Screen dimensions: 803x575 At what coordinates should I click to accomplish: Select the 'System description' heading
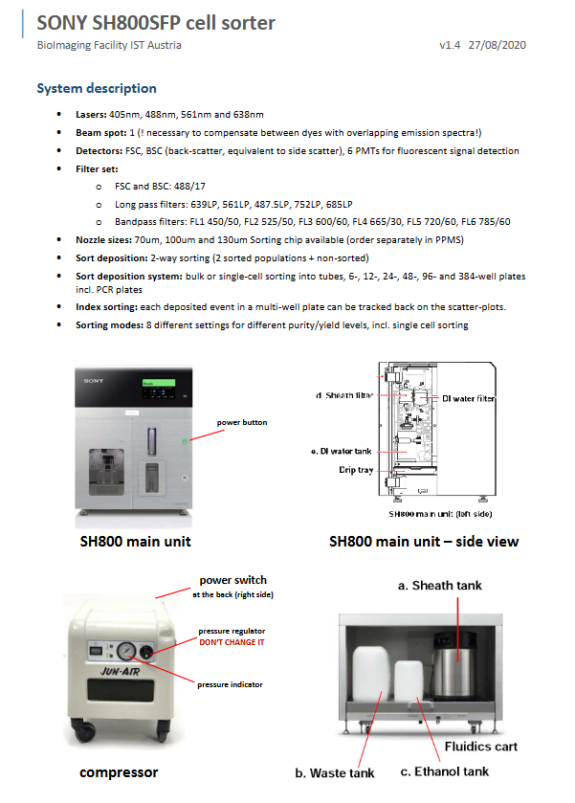pyautogui.click(x=97, y=88)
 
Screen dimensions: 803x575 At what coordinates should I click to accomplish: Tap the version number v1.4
pyautogui.click(x=450, y=45)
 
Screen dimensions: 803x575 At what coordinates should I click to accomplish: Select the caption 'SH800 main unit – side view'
pyautogui.click(x=424, y=542)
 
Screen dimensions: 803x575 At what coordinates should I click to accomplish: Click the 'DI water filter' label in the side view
pyautogui.click(x=468, y=398)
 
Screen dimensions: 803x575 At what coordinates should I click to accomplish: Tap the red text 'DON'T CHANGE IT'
pyautogui.click(x=231, y=641)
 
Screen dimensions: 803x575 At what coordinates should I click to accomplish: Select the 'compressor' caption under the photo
pyautogui.click(x=118, y=772)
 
